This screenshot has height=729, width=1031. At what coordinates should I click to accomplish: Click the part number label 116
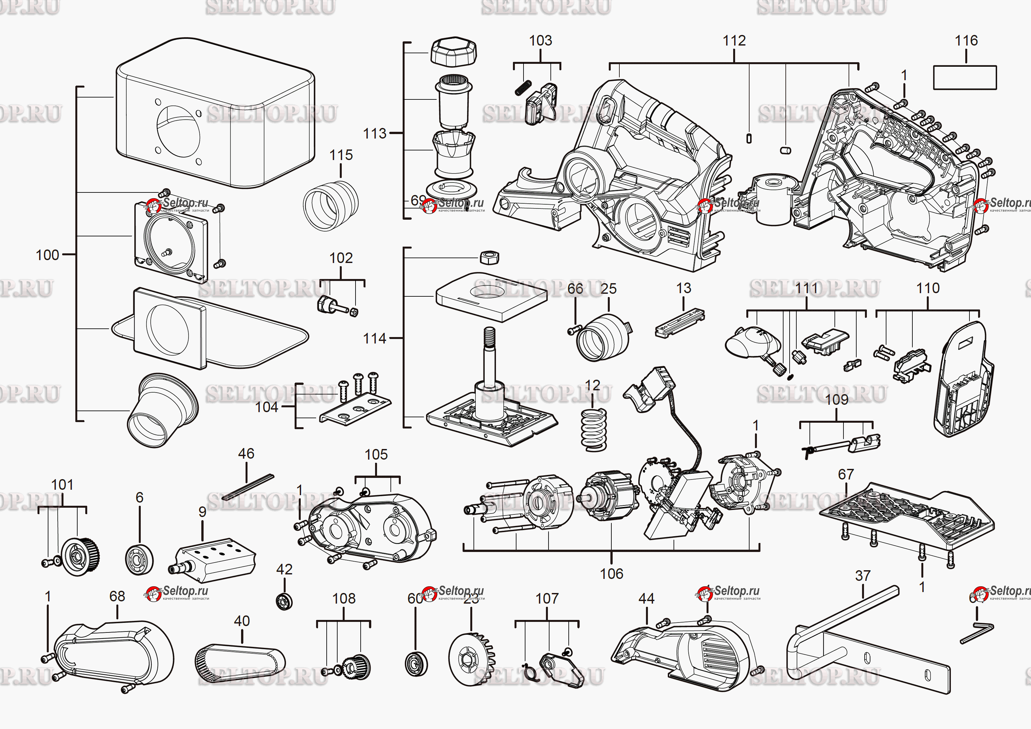(x=966, y=41)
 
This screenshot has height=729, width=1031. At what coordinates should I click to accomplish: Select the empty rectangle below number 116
(x=965, y=78)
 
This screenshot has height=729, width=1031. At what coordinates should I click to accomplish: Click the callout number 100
(x=47, y=255)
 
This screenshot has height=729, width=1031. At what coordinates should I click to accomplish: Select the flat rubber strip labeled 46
(x=247, y=487)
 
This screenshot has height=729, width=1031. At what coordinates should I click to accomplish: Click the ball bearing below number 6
(x=139, y=559)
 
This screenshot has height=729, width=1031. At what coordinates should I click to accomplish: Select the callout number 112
(x=734, y=41)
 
